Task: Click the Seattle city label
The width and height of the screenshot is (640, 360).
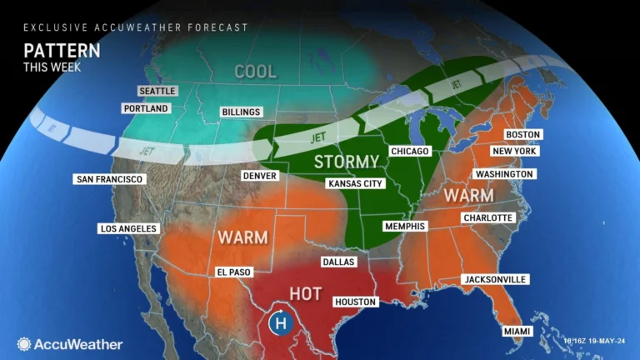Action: [x=158, y=92]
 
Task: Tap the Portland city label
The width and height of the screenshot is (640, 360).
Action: [x=146, y=108]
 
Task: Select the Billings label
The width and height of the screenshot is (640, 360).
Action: [x=240, y=112]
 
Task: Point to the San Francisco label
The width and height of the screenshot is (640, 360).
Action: [x=110, y=179]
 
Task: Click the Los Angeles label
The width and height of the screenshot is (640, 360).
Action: [x=128, y=228]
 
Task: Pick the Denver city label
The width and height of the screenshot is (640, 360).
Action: [x=258, y=176]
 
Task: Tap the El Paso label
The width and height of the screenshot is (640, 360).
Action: [x=232, y=272]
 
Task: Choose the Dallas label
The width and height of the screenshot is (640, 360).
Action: [x=338, y=262]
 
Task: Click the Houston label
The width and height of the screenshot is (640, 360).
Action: [x=356, y=302]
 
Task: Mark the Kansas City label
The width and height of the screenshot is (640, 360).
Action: [x=355, y=183]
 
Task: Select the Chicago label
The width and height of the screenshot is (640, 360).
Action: [x=409, y=152]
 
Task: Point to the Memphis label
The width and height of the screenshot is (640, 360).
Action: [x=404, y=226]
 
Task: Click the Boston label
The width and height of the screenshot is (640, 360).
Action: [x=523, y=134]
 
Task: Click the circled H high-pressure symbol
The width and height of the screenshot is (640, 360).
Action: [x=281, y=322]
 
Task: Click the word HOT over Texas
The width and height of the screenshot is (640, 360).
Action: [x=305, y=292]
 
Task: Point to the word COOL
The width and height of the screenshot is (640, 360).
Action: [x=255, y=72]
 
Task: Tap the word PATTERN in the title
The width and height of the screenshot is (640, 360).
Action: [x=62, y=50]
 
